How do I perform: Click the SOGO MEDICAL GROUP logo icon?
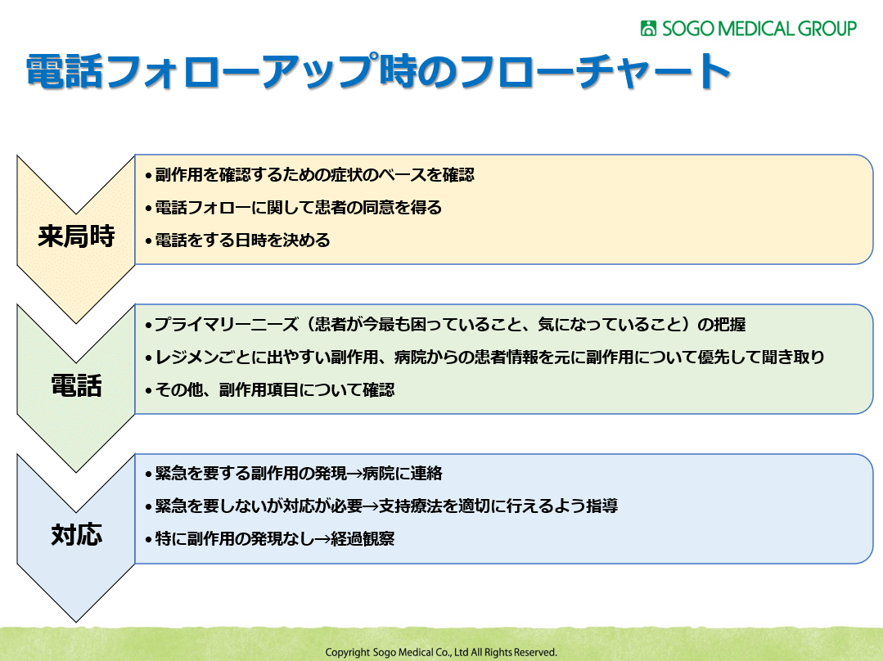648,28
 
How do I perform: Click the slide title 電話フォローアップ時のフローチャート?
378,71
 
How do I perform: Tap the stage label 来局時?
76,236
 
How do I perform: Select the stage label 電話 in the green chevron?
76,385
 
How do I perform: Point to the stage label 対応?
76,534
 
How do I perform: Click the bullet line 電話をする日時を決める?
237,241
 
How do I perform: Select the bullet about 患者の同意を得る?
293,208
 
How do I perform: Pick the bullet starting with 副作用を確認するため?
309,175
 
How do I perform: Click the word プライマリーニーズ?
227,324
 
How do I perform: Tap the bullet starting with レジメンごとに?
484,357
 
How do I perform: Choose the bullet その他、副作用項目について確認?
270,389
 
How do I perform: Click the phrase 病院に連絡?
403,474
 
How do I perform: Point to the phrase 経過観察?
363,539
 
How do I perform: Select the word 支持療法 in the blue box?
411,506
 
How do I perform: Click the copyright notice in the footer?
441,652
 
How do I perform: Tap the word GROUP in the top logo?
827,28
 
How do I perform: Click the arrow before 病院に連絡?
355,474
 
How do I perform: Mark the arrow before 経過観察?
322,539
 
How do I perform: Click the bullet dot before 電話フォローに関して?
149,209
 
